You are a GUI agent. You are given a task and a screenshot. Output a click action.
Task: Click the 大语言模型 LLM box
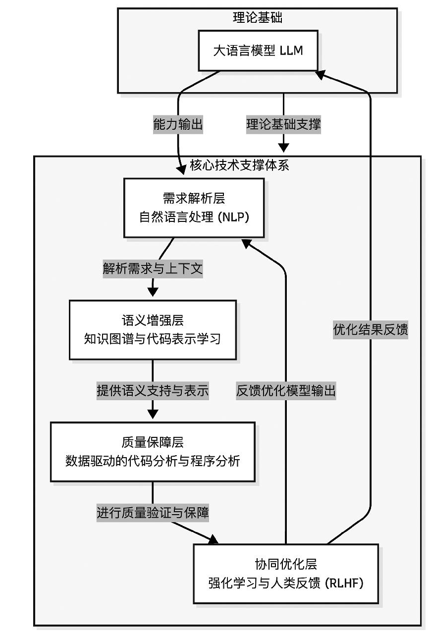(258, 51)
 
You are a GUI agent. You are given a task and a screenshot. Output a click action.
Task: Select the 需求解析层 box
(194, 208)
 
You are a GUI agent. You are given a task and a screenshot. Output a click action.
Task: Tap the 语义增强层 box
(153, 330)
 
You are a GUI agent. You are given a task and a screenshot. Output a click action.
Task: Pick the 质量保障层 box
(153, 452)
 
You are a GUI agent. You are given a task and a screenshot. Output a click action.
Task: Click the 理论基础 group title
(257, 18)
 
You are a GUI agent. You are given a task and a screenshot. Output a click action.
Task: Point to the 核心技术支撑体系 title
(239, 165)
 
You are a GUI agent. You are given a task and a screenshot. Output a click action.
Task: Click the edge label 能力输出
(178, 125)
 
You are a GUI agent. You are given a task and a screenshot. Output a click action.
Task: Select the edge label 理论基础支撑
(283, 125)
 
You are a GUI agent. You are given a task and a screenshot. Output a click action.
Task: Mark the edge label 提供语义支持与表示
(153, 391)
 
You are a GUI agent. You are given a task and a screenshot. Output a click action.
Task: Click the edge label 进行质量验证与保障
(153, 513)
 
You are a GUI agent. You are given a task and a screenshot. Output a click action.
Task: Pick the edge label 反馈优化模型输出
(286, 391)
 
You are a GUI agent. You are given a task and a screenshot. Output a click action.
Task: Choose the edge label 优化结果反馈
(371, 330)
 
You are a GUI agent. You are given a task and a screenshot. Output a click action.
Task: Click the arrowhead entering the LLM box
(320, 74)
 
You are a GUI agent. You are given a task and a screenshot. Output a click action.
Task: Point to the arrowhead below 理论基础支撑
(283, 147)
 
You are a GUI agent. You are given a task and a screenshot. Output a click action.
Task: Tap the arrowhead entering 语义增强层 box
(153, 290)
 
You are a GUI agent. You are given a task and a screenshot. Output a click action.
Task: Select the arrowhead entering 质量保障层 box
(153, 413)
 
